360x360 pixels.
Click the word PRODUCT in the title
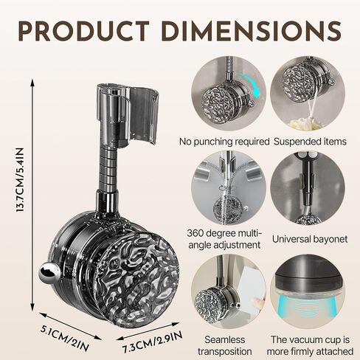click(x=84, y=31)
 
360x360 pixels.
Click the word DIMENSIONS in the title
click(x=252, y=31)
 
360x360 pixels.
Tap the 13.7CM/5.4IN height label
click(x=20, y=180)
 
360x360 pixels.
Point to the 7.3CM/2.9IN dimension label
click(x=153, y=341)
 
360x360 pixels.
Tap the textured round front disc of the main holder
click(x=136, y=280)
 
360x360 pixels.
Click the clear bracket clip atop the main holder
click(x=128, y=116)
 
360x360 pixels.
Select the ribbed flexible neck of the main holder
click(x=108, y=170)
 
